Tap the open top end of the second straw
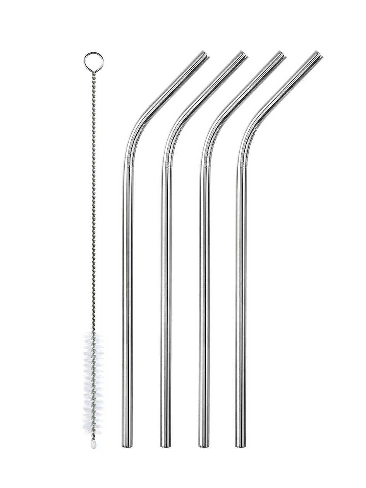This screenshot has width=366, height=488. click(x=242, y=55)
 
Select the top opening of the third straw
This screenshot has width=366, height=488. click(x=280, y=55)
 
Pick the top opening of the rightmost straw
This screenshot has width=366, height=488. click(x=318, y=55)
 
